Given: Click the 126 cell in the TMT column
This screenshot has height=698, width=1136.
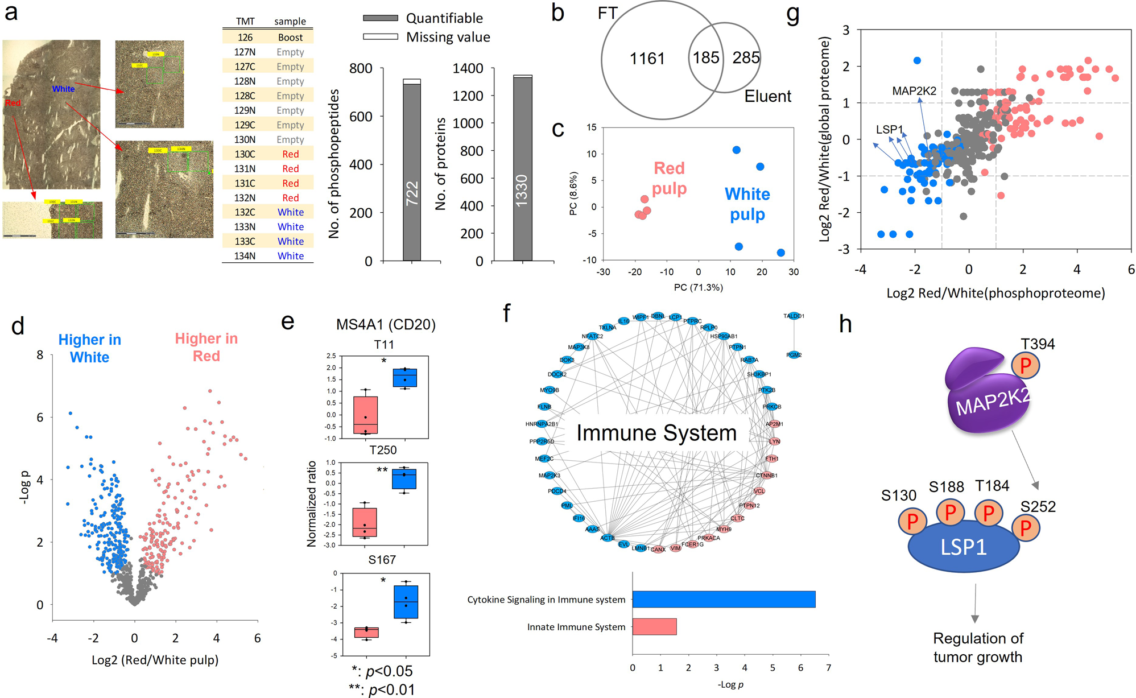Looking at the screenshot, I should pyautogui.click(x=245, y=38).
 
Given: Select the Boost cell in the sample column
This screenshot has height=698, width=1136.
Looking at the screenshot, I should pyautogui.click(x=290, y=38).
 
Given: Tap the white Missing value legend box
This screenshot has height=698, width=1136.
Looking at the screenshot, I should pyautogui.click(x=380, y=37).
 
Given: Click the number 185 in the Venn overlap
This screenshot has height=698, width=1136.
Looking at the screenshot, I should pyautogui.click(x=706, y=57).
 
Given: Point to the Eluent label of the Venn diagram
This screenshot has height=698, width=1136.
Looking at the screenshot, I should pyautogui.click(x=767, y=96).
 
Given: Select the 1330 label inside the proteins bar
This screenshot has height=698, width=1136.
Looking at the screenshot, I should pyautogui.click(x=522, y=191).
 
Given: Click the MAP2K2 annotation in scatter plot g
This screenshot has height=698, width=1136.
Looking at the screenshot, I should pyautogui.click(x=914, y=91).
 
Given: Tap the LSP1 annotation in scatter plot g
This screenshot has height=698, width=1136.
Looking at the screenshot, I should pyautogui.click(x=889, y=130).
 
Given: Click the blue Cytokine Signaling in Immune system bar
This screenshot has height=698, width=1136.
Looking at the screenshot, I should pyautogui.click(x=723, y=599).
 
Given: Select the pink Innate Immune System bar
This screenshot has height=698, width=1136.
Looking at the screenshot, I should pyautogui.click(x=654, y=626).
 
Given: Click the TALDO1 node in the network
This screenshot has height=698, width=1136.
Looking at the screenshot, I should pyautogui.click(x=794, y=316).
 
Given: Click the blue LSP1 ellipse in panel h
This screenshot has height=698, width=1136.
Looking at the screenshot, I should pyautogui.click(x=963, y=547).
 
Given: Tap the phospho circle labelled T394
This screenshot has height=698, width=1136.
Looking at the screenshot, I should pyautogui.click(x=1025, y=366).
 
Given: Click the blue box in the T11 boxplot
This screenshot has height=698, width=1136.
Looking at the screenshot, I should pyautogui.click(x=404, y=378).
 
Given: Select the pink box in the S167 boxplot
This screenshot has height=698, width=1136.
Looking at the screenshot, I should pyautogui.click(x=366, y=632).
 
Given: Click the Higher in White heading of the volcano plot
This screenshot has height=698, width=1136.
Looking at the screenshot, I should pyautogui.click(x=89, y=348).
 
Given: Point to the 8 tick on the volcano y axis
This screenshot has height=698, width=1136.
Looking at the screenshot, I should pyautogui.click(x=40, y=355).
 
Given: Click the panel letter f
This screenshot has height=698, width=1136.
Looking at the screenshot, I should pyautogui.click(x=506, y=312).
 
